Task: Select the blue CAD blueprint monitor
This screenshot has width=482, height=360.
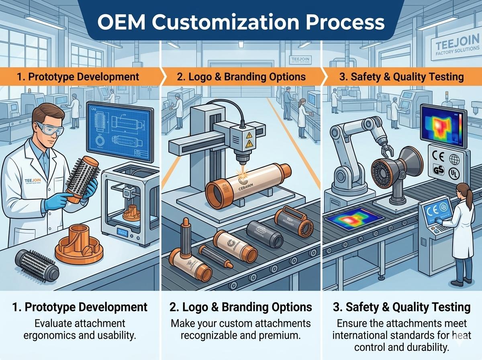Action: coord(121,130)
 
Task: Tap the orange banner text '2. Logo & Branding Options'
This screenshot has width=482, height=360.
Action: coord(241,76)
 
